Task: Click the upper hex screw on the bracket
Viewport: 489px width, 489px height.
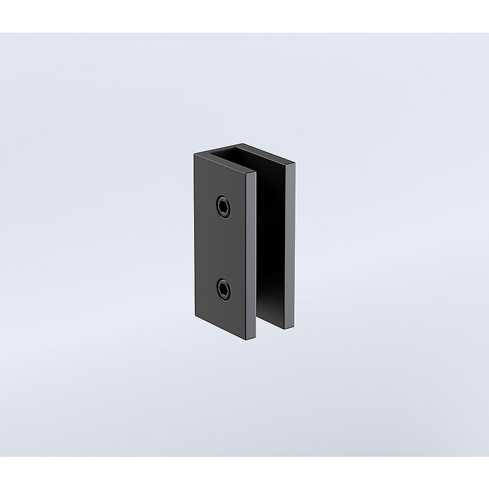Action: (222, 203)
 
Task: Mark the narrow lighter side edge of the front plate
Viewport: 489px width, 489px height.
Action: (252, 255)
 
